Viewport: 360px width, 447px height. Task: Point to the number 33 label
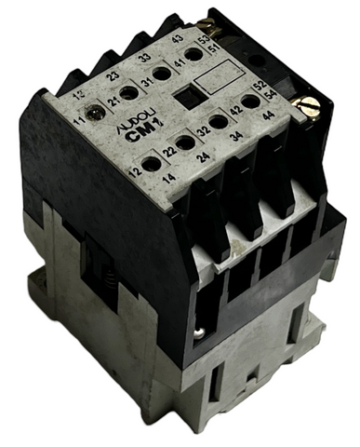pos(143,58)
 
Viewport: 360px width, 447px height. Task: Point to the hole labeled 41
pos(195,55)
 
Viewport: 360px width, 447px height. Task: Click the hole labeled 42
pos(249,101)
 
